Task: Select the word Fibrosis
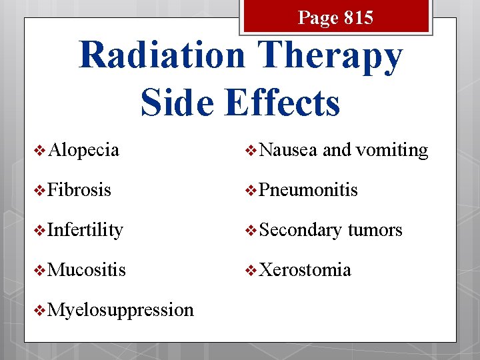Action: tap(79, 190)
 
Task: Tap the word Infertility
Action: tap(85, 230)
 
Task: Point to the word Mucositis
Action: tap(87, 270)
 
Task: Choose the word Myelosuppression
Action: tap(121, 310)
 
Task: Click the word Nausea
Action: tap(288, 150)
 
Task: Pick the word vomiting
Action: tap(392, 150)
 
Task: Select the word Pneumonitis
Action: tap(308, 190)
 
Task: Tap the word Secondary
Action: tap(301, 230)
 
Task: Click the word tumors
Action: tap(375, 230)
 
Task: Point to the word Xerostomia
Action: tap(305, 270)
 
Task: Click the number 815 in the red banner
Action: tap(358, 18)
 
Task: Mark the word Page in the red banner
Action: tap(319, 18)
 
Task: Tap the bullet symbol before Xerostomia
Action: tap(251, 271)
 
